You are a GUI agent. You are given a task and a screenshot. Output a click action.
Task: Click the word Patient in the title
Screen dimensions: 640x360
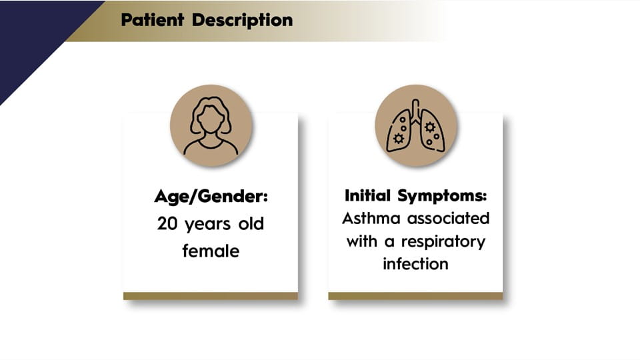[x=152, y=19]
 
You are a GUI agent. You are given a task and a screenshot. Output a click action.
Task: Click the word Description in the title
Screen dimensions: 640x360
[x=243, y=21]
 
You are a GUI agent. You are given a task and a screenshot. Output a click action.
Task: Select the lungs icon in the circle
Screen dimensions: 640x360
[x=415, y=126]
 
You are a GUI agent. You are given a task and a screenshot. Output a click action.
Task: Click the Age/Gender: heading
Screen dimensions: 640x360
[x=211, y=197]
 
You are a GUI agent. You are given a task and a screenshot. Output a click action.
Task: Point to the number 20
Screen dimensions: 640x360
[x=167, y=224]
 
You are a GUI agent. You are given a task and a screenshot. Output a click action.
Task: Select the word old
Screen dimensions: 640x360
[x=251, y=223]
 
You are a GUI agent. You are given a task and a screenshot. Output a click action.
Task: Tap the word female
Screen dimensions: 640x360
[x=211, y=251]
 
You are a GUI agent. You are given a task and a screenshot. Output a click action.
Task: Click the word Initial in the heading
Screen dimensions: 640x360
[x=367, y=195]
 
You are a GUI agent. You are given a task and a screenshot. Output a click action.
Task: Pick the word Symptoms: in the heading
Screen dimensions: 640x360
[x=443, y=196]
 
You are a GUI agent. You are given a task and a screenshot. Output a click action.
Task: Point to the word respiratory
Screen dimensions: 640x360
[x=443, y=242]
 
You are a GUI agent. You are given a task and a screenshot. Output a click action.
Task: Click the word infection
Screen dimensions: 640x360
[x=415, y=264]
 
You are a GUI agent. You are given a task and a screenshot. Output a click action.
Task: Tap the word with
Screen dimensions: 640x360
[x=361, y=241]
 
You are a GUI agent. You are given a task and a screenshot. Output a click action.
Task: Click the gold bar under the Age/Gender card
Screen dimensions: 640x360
[x=211, y=296]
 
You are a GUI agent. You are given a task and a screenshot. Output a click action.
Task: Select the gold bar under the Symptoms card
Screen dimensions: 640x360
[x=415, y=296]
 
